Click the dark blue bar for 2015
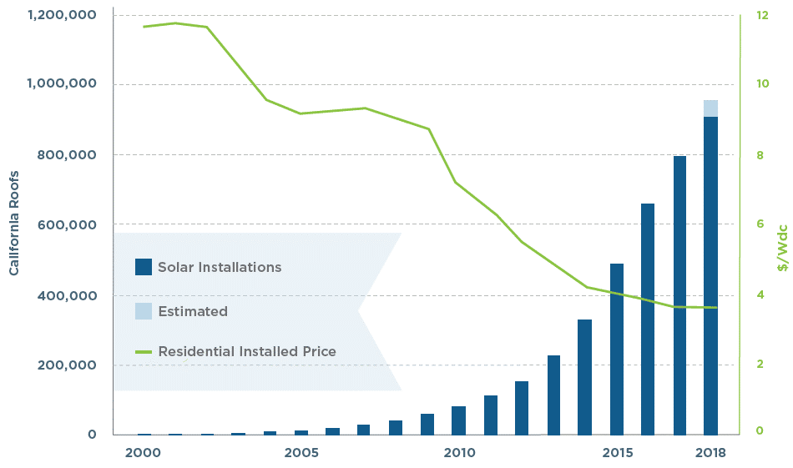click(617, 349)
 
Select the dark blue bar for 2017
click(679, 295)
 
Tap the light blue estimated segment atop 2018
click(710, 108)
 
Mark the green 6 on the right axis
click(760, 224)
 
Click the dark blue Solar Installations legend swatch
click(144, 267)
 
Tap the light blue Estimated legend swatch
click(144, 311)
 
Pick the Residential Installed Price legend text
click(246, 351)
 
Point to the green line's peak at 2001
click(175, 23)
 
